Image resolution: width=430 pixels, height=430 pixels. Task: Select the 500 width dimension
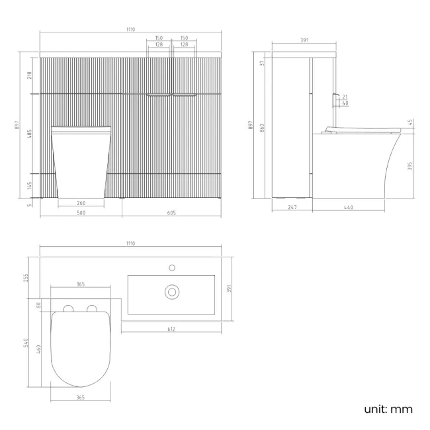click(x=81, y=214)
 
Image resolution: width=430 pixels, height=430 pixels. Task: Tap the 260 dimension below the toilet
click(x=81, y=203)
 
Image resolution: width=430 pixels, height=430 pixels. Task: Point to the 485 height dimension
click(x=29, y=134)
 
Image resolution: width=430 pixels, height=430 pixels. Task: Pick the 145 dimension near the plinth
click(x=29, y=186)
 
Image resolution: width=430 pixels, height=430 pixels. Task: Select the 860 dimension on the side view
click(x=263, y=127)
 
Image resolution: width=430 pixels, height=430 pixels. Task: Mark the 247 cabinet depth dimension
click(x=292, y=208)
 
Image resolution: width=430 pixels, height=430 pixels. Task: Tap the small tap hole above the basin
click(x=172, y=267)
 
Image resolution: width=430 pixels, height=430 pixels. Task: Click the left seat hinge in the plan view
click(x=67, y=308)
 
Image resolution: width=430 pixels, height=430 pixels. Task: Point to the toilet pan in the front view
click(x=81, y=162)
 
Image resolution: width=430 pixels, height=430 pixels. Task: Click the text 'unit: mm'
click(x=388, y=409)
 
